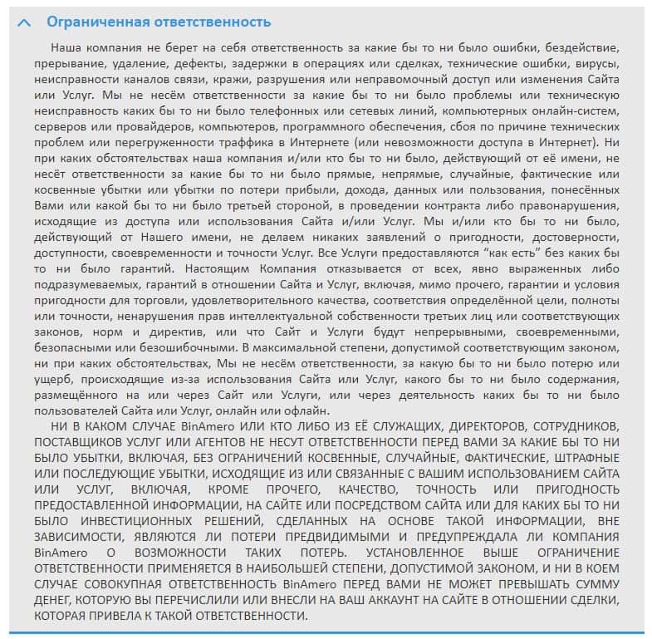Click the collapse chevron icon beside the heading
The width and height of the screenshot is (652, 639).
[25, 22]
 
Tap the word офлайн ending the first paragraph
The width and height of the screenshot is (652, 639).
[304, 410]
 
